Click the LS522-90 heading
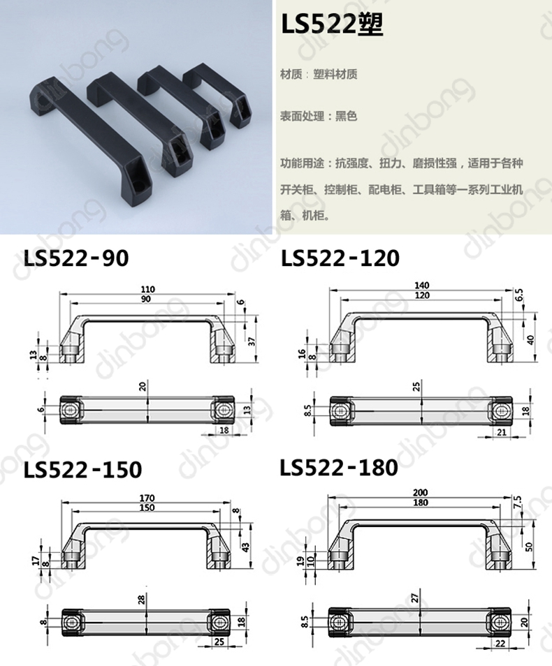pos(76,258)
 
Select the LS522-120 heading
pos(340,258)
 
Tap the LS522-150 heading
pos(82,469)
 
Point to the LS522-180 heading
pos(339,467)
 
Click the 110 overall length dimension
pos(148,289)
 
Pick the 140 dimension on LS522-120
pos(421,285)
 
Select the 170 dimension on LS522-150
pos(147,498)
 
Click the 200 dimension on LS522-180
pos(420,493)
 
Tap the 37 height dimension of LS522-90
pos(252,341)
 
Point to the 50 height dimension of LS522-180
pos(529,547)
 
